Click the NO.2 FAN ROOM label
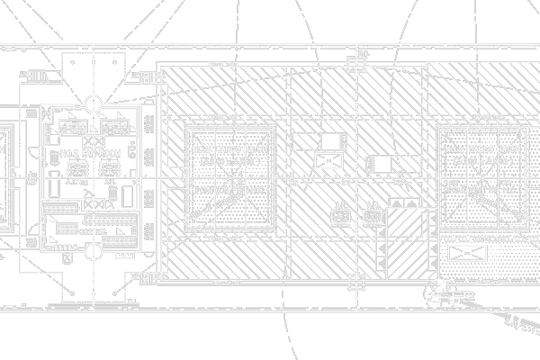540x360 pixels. click(x=83, y=155)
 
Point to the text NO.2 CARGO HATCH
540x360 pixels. click(x=482, y=149)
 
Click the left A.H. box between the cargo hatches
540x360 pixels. click(x=341, y=212)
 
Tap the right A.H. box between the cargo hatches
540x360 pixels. click(x=371, y=212)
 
